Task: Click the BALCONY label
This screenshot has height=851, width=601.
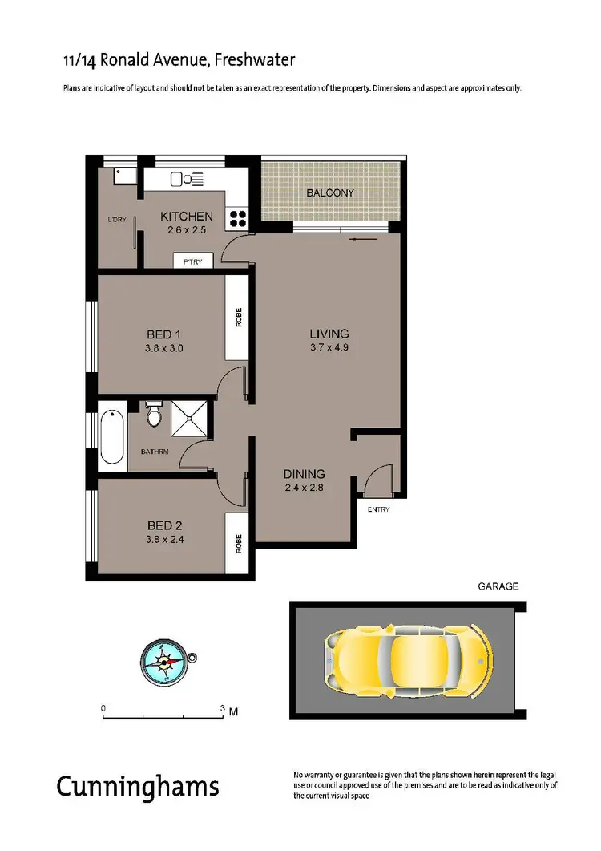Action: (329, 193)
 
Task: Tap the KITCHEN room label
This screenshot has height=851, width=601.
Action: (187, 217)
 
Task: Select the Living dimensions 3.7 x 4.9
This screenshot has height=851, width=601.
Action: (329, 348)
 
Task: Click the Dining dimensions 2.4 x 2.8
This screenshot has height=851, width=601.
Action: (304, 487)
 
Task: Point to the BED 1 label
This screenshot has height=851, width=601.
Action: (164, 334)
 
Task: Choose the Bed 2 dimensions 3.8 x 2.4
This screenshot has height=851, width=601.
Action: (165, 540)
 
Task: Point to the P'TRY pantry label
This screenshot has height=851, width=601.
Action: (192, 261)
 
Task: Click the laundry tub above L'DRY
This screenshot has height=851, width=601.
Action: (125, 176)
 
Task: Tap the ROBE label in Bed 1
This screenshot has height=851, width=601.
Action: (238, 318)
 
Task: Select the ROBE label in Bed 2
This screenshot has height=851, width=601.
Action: (238, 544)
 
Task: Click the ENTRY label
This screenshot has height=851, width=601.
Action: (377, 509)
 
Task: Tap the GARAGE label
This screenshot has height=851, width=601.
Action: (498, 586)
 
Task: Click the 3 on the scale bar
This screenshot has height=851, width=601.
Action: (222, 709)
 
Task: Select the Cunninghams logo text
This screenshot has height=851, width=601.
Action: (137, 786)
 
